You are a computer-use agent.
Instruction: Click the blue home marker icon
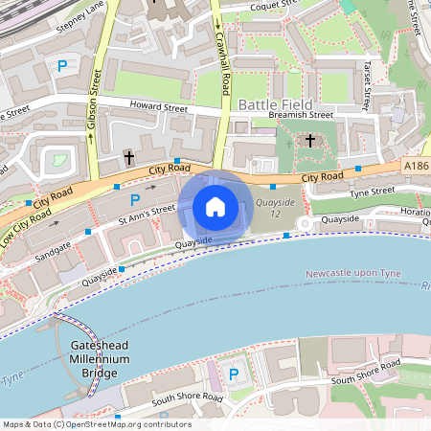215,207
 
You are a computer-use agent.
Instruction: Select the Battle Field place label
271,103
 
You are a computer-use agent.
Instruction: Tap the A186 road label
416,166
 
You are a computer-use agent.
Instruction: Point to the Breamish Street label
300,116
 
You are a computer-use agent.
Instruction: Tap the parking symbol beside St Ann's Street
135,199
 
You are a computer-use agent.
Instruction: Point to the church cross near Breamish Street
309,141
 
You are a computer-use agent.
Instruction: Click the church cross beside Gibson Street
128,156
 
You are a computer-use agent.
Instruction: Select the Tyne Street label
372,193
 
